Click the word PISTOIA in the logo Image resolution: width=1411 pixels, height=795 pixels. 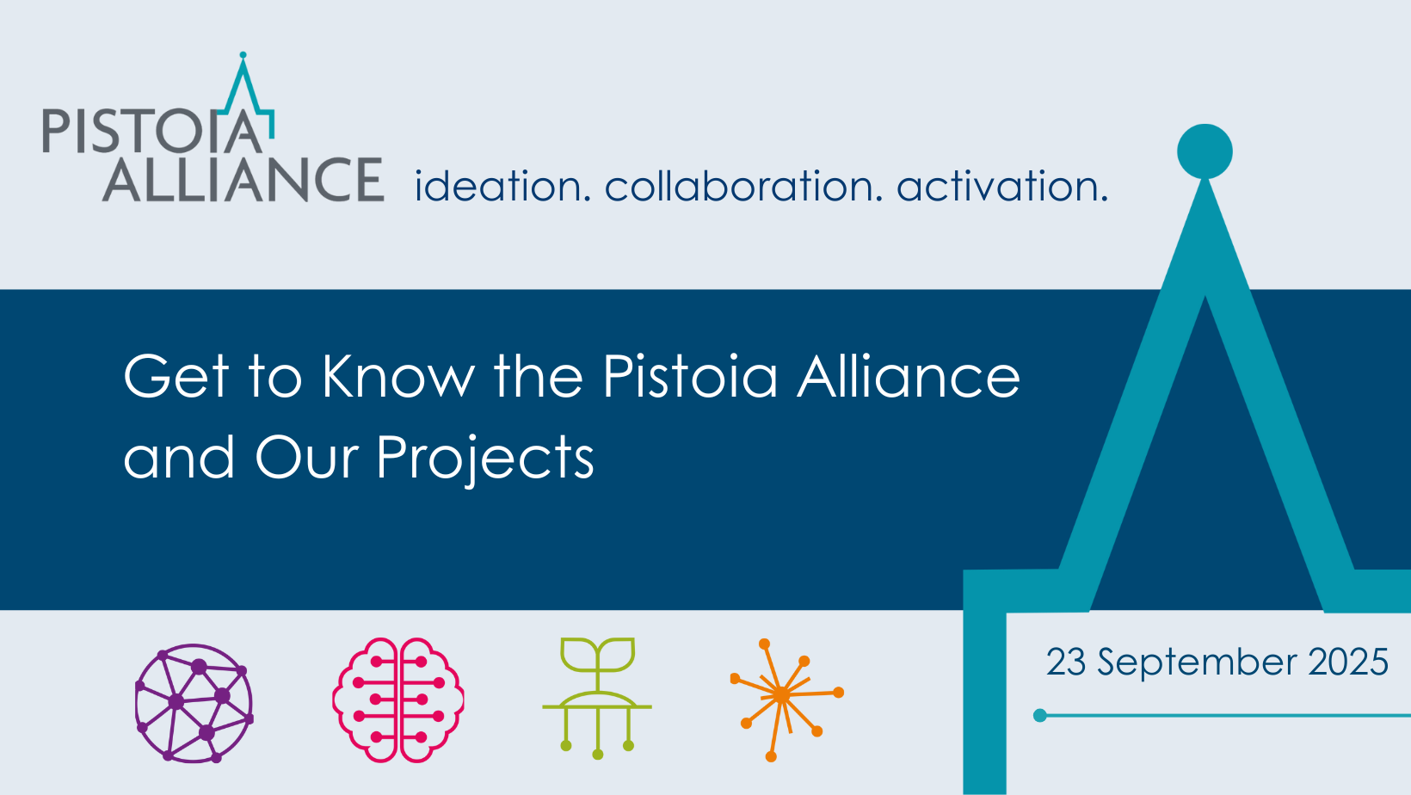point(151,131)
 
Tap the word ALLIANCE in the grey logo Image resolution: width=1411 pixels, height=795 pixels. point(243,180)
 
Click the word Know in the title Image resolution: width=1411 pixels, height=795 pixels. point(398,376)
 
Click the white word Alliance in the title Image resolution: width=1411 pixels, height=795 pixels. point(909,376)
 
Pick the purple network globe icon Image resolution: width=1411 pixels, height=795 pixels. point(194,703)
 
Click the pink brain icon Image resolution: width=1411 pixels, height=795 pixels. point(398,699)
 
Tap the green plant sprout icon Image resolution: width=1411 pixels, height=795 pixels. point(597,698)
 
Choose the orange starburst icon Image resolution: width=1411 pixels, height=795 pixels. point(786,699)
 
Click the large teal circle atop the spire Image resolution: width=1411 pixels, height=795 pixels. point(1205,151)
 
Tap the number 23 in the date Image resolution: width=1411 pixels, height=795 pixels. point(1066,662)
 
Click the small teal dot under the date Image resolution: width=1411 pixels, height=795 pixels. point(1040,716)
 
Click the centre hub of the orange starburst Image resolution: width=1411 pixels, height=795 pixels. point(781,695)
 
